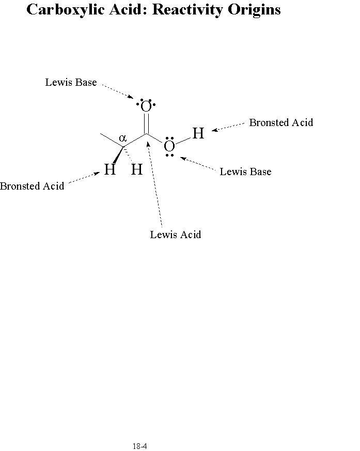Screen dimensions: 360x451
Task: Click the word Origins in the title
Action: click(254, 10)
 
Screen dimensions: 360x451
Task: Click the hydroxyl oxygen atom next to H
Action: click(169, 146)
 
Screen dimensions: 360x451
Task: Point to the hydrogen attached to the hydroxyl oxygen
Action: click(198, 133)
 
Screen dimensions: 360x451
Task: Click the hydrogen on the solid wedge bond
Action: click(110, 169)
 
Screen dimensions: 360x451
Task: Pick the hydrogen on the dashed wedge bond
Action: click(137, 169)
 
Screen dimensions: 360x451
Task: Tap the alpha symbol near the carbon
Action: click(123, 138)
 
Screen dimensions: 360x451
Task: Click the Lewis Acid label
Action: click(176, 235)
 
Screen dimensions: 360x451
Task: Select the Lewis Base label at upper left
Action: click(71, 82)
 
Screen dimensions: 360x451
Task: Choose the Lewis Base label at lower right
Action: click(245, 172)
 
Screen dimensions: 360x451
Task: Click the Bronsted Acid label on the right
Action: click(281, 122)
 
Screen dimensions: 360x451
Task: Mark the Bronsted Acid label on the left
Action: click(32, 186)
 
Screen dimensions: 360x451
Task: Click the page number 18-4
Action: click(140, 446)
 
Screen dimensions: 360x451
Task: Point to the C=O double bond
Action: click(146, 123)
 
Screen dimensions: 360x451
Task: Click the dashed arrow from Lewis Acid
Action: click(155, 184)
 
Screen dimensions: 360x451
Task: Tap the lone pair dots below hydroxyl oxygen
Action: click(169, 155)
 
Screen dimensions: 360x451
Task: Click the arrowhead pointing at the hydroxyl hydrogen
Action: click(214, 130)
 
